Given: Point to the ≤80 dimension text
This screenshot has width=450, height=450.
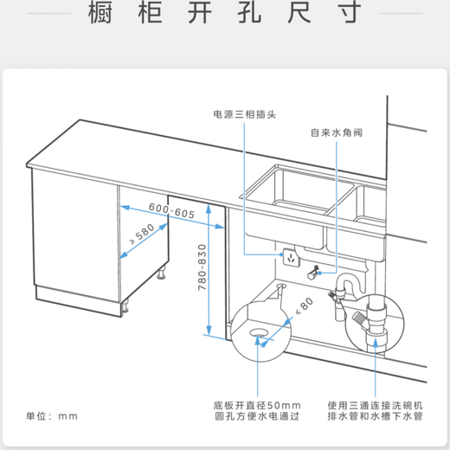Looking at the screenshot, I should tap(302, 305).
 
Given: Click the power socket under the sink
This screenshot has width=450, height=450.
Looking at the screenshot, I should tap(289, 257).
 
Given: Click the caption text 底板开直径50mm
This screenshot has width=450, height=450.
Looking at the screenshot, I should tap(257, 404).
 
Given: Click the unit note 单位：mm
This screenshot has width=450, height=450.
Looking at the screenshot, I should tap(51, 416).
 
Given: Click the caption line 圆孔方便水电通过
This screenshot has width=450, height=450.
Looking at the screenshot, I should tap(257, 417).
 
